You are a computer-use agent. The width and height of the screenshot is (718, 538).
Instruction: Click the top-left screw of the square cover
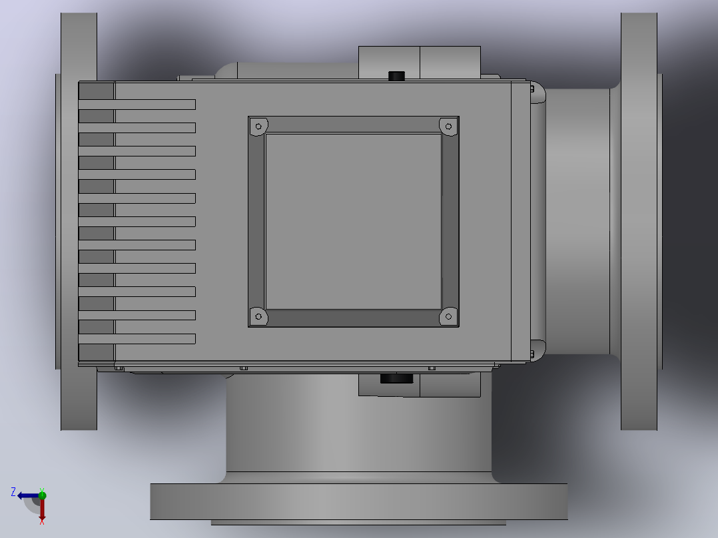point(258,127)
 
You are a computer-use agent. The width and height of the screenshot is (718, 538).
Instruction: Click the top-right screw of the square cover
point(448,127)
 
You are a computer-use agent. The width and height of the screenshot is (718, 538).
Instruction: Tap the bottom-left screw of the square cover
point(258,316)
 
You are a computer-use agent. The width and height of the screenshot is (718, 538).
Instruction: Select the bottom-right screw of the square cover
point(448,316)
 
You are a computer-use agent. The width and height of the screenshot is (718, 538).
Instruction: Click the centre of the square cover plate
point(354,222)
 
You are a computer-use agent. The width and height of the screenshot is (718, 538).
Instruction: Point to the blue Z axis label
point(13,492)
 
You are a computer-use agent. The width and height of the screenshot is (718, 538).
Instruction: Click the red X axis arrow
point(42,510)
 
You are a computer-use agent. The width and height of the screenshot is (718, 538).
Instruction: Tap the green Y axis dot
point(42,495)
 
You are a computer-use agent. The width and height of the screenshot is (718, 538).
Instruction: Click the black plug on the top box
point(396,76)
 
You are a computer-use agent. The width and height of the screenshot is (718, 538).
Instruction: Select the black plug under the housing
point(396,378)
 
